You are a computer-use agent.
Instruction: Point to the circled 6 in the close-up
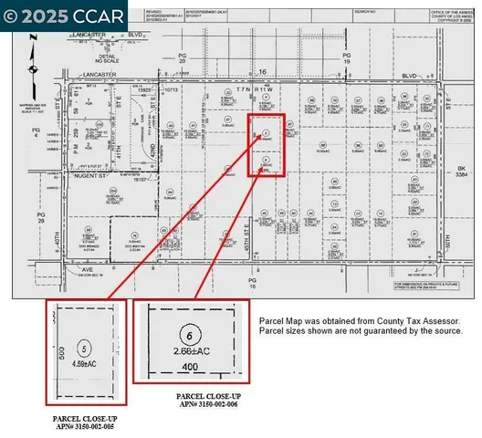tap(188, 335)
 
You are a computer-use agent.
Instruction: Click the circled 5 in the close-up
tap(84, 349)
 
